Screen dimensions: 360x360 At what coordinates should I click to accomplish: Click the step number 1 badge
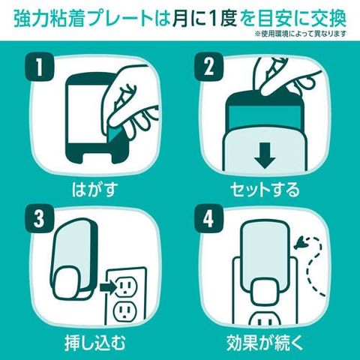click(39, 66)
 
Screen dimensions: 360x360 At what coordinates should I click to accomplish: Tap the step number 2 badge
click(208, 66)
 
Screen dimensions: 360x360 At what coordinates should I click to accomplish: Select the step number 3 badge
click(39, 219)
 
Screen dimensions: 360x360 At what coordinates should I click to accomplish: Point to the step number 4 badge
click(208, 219)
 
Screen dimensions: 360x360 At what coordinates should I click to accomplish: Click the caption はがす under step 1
click(94, 189)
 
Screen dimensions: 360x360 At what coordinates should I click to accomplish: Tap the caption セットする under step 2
click(265, 189)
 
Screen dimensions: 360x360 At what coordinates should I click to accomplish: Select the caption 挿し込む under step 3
click(94, 342)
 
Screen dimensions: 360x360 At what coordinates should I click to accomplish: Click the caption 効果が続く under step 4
click(265, 342)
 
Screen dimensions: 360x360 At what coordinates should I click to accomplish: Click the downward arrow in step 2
click(265, 155)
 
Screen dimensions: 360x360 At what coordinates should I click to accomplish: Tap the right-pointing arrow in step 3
click(108, 287)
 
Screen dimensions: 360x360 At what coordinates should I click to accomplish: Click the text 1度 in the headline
click(223, 19)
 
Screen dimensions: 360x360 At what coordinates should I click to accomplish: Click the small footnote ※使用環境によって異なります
click(300, 34)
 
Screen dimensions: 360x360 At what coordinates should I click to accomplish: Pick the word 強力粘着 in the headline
click(48, 19)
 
